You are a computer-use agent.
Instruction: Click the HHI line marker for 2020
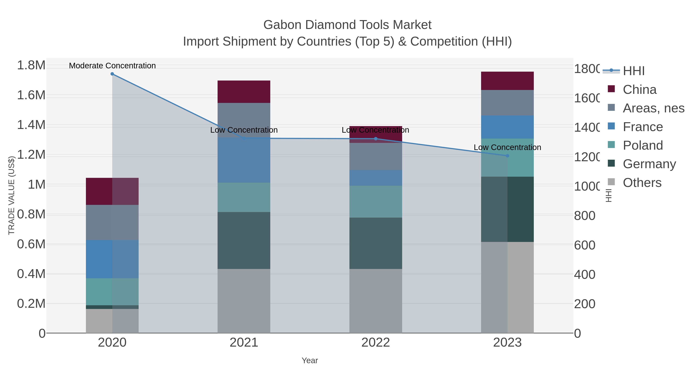pyautogui.click(x=112, y=74)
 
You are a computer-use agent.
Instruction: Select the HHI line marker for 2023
pyautogui.click(x=507, y=156)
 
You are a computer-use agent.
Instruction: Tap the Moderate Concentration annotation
pyautogui.click(x=112, y=66)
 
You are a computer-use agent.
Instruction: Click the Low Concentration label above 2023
pyautogui.click(x=507, y=147)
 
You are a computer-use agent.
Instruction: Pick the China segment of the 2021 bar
pyautogui.click(x=244, y=92)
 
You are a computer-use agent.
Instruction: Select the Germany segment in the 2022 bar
pyautogui.click(x=375, y=243)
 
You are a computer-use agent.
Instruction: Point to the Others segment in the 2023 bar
pyautogui.click(x=507, y=287)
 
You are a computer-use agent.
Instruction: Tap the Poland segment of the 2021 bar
pyautogui.click(x=244, y=197)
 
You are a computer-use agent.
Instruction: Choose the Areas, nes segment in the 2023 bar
pyautogui.click(x=507, y=103)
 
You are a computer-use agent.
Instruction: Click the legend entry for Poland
pyautogui.click(x=643, y=145)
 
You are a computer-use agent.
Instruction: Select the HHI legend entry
pyautogui.click(x=633, y=71)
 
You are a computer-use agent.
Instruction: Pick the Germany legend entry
pyautogui.click(x=649, y=164)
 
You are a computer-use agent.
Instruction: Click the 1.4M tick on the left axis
pyautogui.click(x=31, y=125)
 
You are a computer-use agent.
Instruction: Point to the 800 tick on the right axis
pyautogui.click(x=584, y=216)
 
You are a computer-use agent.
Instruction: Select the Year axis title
pyautogui.click(x=310, y=360)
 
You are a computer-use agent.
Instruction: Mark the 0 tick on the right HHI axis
pyautogui.click(x=577, y=333)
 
